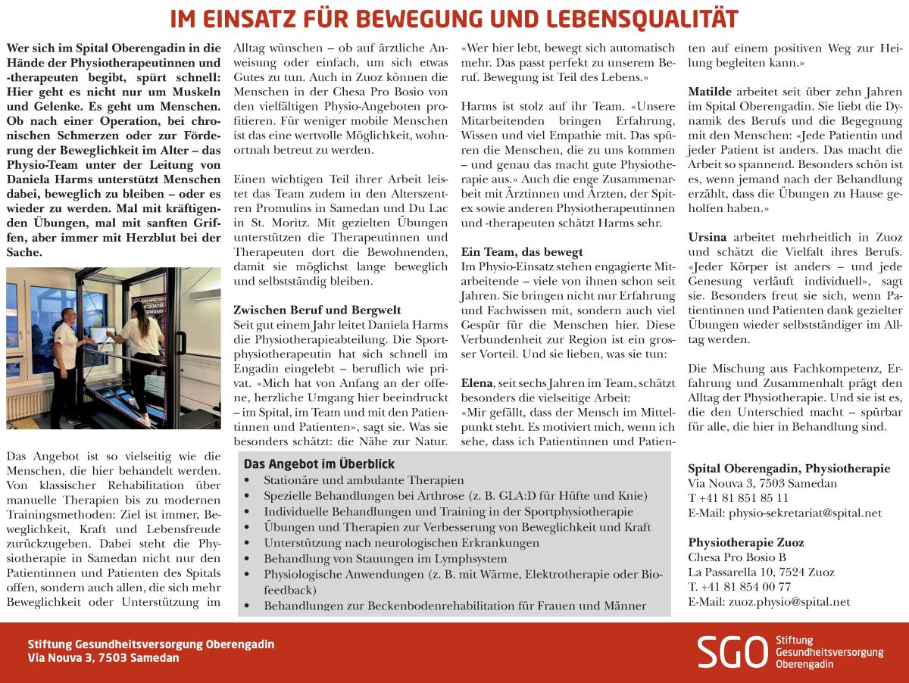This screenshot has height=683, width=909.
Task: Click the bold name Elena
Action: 477,384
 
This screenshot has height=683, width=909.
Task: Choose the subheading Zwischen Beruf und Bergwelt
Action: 317,310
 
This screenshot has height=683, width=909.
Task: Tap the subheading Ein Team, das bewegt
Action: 522,251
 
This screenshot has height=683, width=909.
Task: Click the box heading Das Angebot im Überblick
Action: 319,464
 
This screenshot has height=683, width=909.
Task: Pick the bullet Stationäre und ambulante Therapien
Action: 364,480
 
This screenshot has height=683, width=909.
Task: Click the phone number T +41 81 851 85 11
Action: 738,497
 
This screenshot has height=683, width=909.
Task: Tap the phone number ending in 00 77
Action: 739,586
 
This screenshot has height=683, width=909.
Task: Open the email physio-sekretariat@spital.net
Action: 785,513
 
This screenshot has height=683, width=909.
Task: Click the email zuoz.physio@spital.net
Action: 769,602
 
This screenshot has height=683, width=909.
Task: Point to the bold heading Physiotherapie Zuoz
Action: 746,542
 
